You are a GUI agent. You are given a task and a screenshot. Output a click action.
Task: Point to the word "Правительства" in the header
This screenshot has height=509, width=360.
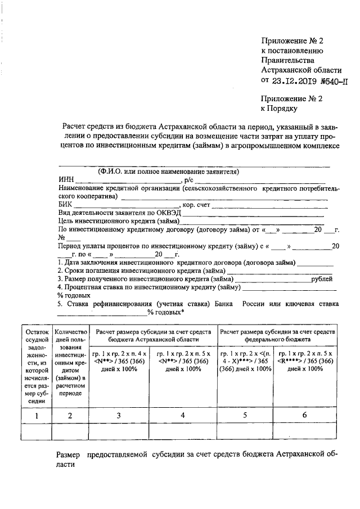coord(287,60)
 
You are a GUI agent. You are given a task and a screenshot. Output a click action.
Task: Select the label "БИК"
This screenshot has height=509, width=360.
coord(65,205)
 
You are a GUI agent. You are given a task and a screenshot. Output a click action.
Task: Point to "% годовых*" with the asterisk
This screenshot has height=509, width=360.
coord(166,312)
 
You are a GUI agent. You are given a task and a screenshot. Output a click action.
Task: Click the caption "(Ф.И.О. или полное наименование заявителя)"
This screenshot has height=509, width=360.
coord(169,171)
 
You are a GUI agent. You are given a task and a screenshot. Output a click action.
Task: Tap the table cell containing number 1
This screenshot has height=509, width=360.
coord(37,415)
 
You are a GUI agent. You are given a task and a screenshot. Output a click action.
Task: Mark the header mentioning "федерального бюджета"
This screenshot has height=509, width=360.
coord(281,336)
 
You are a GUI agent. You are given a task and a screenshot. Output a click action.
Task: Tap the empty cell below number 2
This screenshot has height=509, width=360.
coord(71,431)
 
